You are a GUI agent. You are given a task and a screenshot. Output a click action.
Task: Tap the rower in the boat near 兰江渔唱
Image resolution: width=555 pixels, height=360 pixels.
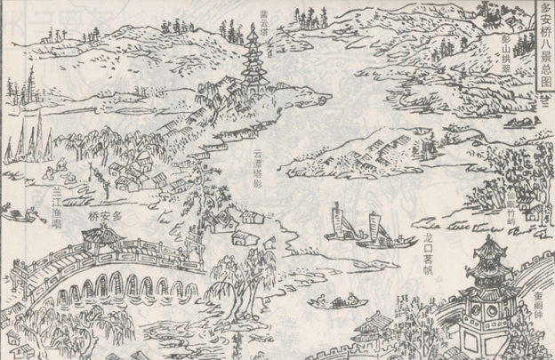click(x=32, y=213)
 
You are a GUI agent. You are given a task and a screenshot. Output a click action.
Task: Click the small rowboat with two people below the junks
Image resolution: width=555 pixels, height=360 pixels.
click(x=330, y=302)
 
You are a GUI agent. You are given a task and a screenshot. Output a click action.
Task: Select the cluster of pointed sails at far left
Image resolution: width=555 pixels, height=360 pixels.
click(x=36, y=142)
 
